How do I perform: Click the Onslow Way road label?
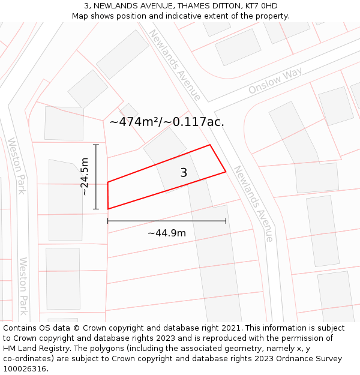tap(275, 81)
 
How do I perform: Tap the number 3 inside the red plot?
tap(184, 173)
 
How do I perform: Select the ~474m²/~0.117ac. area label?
tap(167, 122)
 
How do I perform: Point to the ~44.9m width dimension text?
tap(167, 233)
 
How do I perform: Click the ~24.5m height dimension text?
tap(85, 176)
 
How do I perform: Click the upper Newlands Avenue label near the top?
tap(175, 65)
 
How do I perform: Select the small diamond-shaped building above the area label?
tap(128, 112)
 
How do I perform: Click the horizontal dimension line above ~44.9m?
tap(167, 221)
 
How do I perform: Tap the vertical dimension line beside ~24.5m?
tap(96, 176)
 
